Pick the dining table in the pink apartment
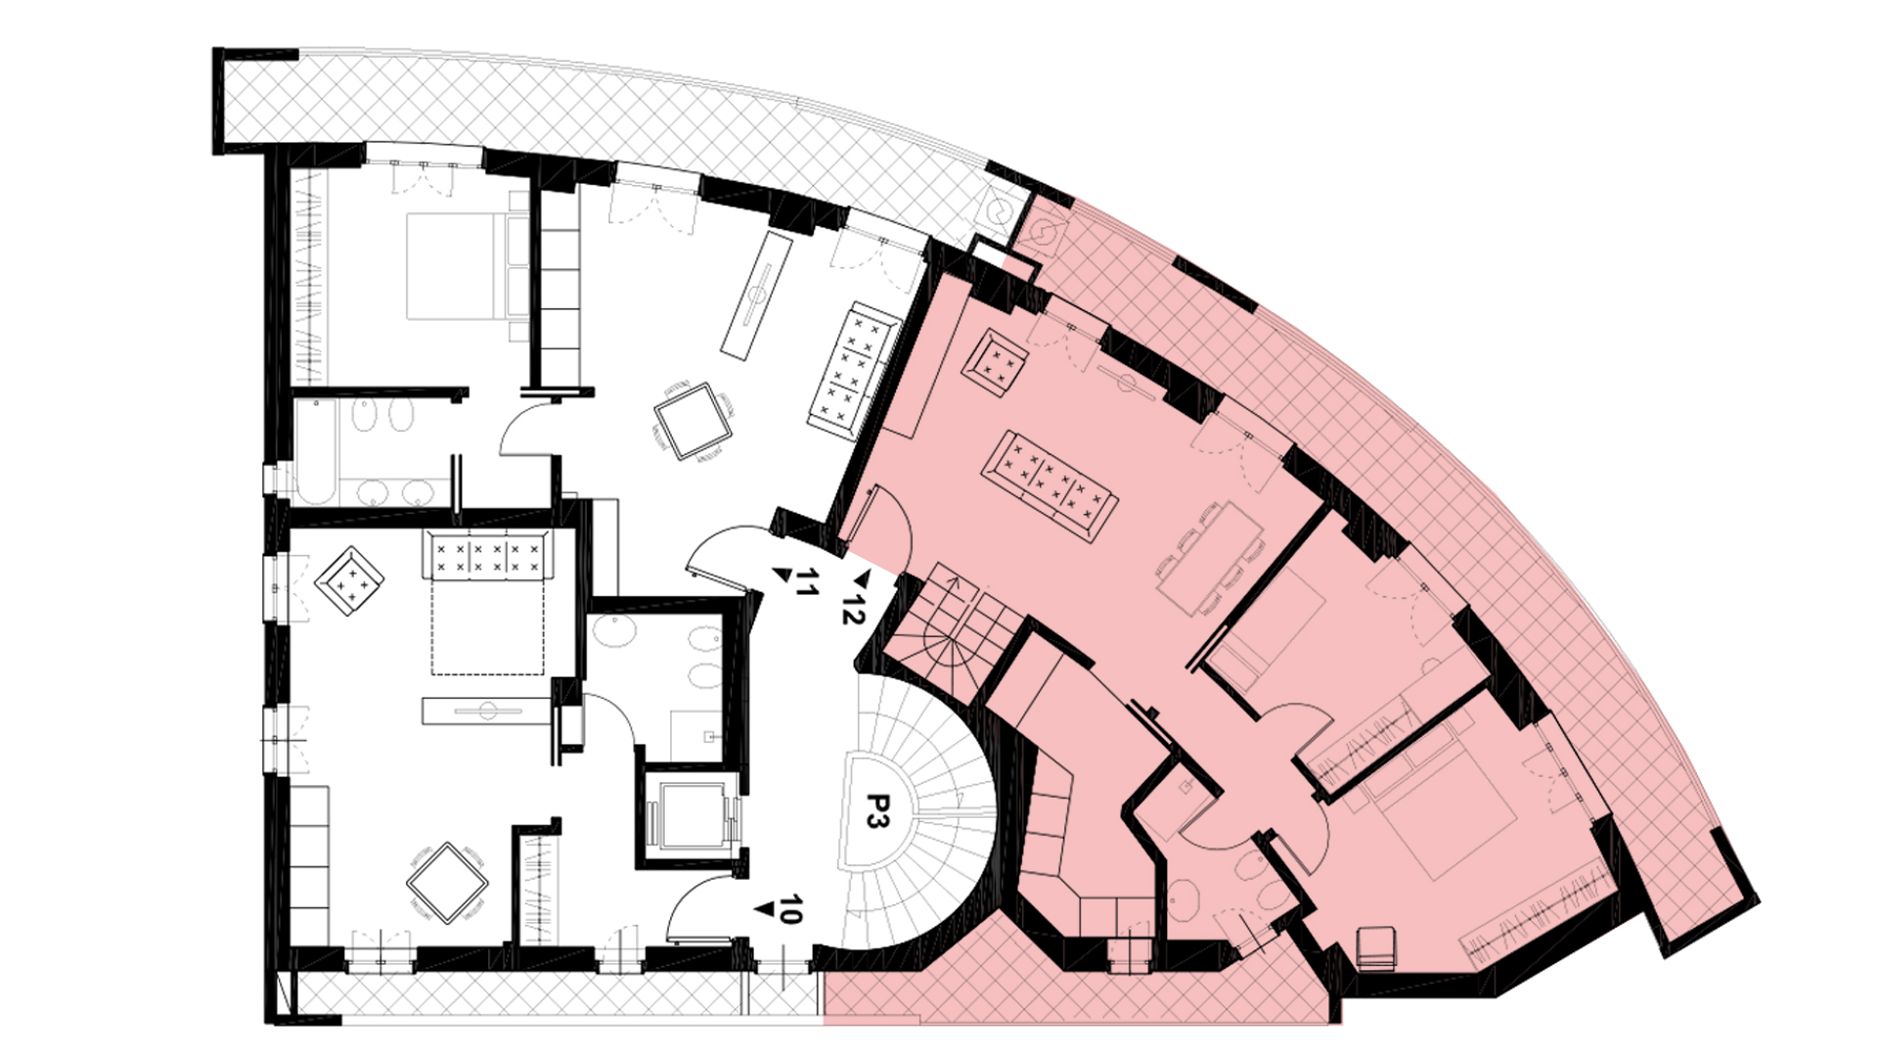point(1209,558)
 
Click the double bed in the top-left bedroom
point(466,266)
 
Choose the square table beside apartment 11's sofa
point(694,421)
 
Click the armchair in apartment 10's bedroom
point(349,581)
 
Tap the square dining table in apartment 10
point(447,883)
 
